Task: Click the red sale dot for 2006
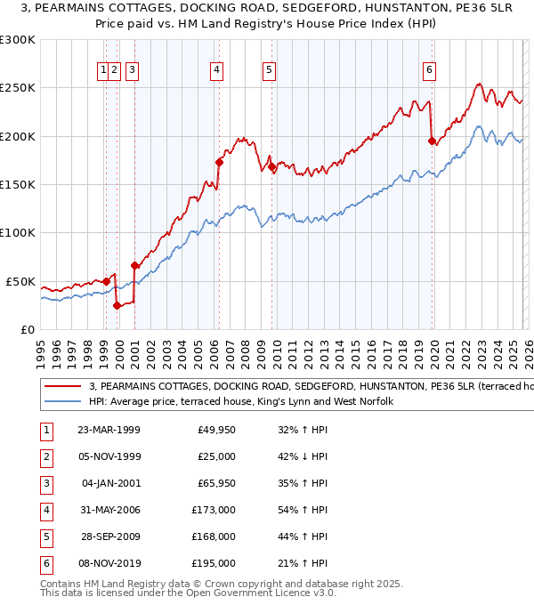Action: click(219, 162)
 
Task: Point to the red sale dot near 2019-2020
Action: click(432, 141)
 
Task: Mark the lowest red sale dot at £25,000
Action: click(117, 305)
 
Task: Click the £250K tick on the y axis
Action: click(18, 88)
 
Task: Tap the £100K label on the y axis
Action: click(18, 232)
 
